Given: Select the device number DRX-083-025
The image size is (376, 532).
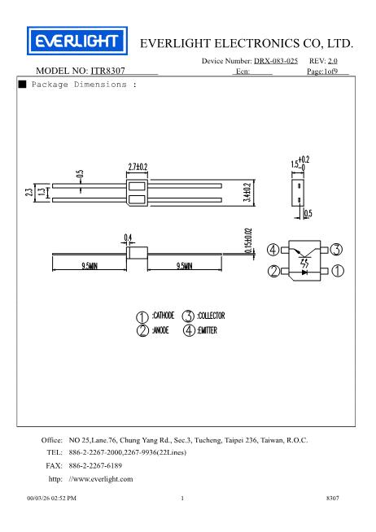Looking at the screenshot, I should tap(275, 61).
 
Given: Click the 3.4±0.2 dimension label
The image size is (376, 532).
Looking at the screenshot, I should tap(247, 194).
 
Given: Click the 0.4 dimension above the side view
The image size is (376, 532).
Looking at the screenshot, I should tap(128, 238).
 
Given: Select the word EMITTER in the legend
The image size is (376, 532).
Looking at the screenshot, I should tap(206, 331).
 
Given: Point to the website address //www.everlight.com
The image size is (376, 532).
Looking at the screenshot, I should tap(102, 479).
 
